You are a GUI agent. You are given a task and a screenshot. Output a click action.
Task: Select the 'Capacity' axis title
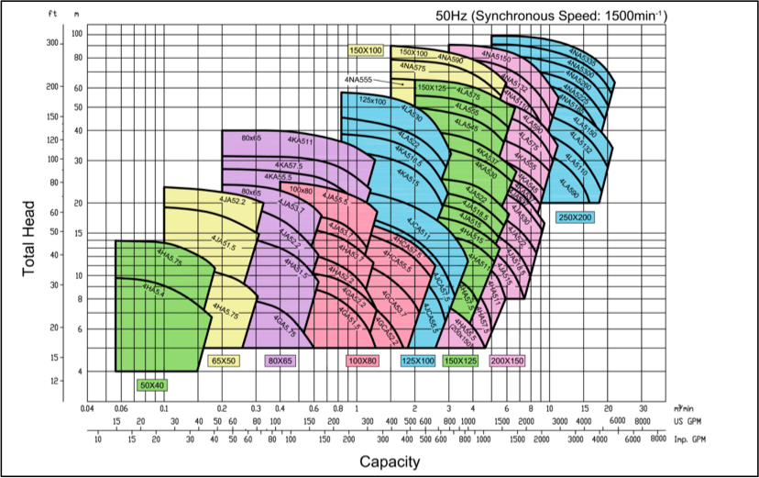click(390, 461)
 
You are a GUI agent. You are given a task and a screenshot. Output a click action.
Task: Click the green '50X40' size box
click(151, 385)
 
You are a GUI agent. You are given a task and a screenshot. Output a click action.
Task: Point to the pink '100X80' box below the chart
click(362, 361)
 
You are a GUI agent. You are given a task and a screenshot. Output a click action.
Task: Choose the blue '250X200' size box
click(575, 217)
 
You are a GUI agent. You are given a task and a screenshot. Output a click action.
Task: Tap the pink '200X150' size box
click(507, 361)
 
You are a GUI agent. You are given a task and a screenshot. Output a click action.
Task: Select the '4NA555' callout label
click(359, 81)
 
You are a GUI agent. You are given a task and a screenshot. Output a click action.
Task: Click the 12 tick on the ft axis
click(54, 380)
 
